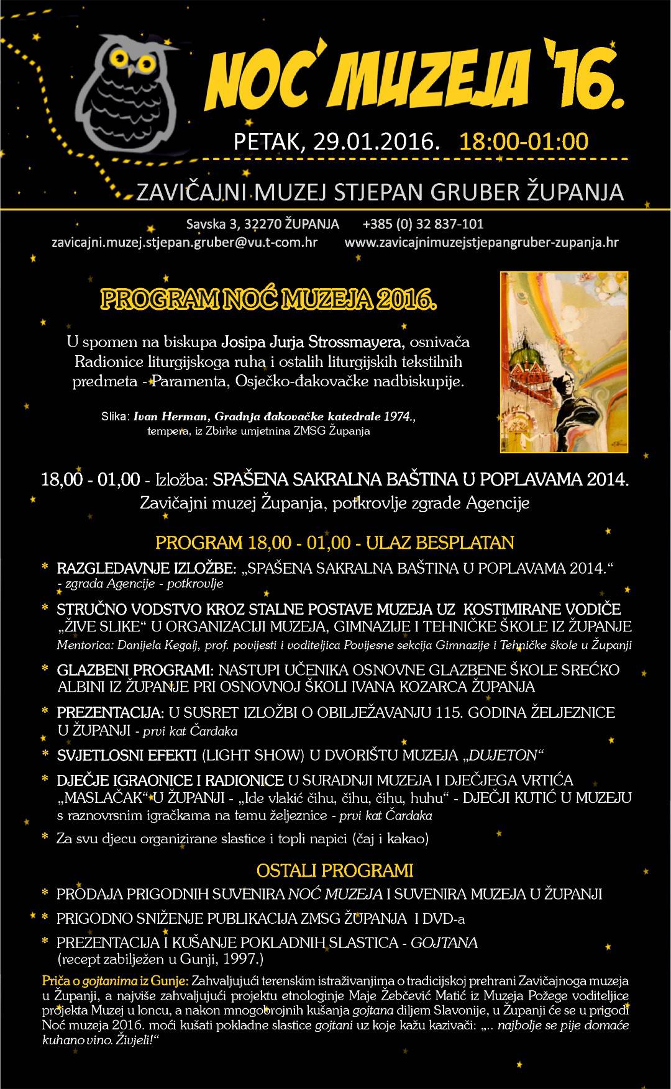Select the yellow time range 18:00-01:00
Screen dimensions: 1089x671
pyautogui.click(x=523, y=142)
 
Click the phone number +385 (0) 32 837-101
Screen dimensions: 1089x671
pyautogui.click(x=423, y=224)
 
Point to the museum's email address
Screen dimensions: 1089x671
pyautogui.click(x=185, y=242)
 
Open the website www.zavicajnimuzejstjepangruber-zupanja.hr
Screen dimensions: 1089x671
pyautogui.click(x=482, y=242)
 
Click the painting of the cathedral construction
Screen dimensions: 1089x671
pyautogui.click(x=564, y=361)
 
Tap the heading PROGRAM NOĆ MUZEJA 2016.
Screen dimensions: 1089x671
pyautogui.click(x=268, y=300)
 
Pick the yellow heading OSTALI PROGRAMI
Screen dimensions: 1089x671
pyautogui.click(x=335, y=870)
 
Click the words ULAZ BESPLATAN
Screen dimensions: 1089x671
pyautogui.click(x=440, y=543)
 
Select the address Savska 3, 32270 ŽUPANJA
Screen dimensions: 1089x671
pyautogui.click(x=262, y=224)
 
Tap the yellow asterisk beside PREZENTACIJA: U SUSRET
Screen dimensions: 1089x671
pyautogui.click(x=45, y=712)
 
